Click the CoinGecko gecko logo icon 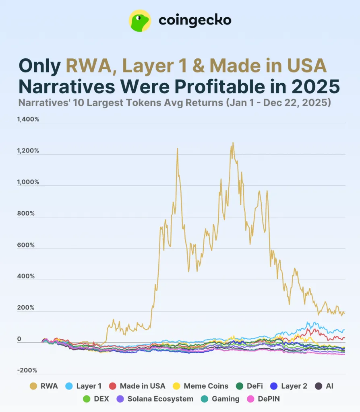coord(139,21)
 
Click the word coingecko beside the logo coord(195,21)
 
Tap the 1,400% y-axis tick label coord(28,119)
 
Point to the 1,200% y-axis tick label coord(28,151)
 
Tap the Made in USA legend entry coord(137,386)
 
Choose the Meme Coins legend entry coord(201,386)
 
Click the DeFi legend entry coord(250,386)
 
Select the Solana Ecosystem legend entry coord(155,399)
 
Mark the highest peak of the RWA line coord(232,142)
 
